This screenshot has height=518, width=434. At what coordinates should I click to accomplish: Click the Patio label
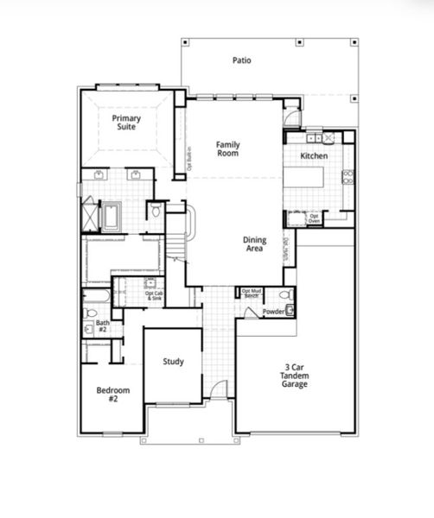(241, 60)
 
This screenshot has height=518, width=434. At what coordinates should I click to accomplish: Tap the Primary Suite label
(126, 122)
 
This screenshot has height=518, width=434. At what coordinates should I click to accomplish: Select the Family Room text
(227, 148)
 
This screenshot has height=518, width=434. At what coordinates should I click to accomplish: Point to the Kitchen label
(313, 156)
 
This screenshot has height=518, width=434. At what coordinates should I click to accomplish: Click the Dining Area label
(254, 245)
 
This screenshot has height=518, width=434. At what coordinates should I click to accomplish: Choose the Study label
(173, 362)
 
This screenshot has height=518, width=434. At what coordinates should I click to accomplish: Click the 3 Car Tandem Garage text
(295, 376)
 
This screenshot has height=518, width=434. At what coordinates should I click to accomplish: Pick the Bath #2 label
(102, 325)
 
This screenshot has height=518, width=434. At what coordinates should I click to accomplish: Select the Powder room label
(273, 311)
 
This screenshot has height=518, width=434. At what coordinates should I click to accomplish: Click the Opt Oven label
(315, 218)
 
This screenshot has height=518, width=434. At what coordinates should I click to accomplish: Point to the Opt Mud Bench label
(252, 294)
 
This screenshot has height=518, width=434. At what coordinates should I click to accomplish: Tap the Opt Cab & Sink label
(155, 294)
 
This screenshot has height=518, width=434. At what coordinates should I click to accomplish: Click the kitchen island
(307, 177)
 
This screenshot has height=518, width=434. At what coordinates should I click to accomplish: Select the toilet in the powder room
(291, 310)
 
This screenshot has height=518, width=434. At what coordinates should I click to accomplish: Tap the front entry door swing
(220, 390)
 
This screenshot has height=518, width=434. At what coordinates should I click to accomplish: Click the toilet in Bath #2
(90, 313)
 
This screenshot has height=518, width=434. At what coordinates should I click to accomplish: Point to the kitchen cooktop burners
(348, 177)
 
